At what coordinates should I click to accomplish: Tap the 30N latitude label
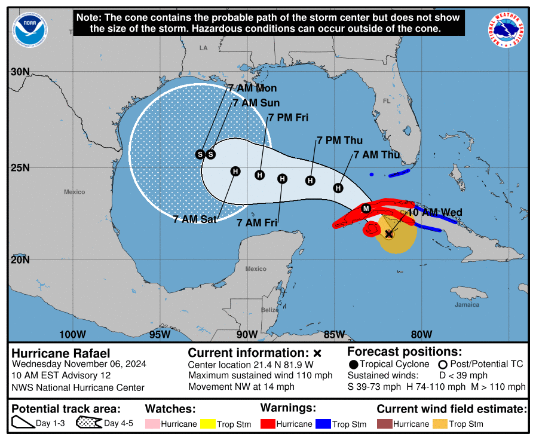tap(20, 72)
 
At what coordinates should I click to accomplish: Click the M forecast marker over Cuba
tap(366, 208)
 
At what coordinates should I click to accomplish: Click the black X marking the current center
tap(389, 234)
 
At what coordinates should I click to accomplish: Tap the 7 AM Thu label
tap(376, 155)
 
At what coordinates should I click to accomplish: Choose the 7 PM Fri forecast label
tap(288, 118)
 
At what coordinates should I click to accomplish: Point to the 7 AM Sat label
tap(195, 219)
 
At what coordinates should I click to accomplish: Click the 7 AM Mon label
tap(252, 88)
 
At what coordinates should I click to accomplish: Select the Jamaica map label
tap(466, 305)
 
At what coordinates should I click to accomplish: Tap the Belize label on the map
tap(269, 310)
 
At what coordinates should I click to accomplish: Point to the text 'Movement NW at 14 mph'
tap(241, 387)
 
